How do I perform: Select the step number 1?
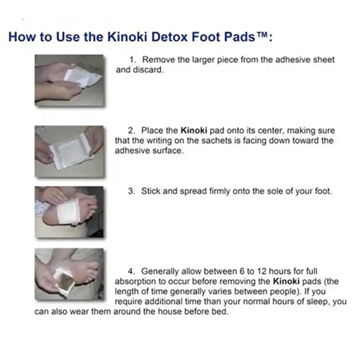132,60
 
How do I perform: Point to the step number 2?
131,130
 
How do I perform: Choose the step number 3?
131,191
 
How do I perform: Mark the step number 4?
131,271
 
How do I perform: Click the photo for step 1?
69,80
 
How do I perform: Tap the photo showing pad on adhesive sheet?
69,151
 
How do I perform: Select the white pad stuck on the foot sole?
68,211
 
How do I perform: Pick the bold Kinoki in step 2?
193,130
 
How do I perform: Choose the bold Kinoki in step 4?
286,281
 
